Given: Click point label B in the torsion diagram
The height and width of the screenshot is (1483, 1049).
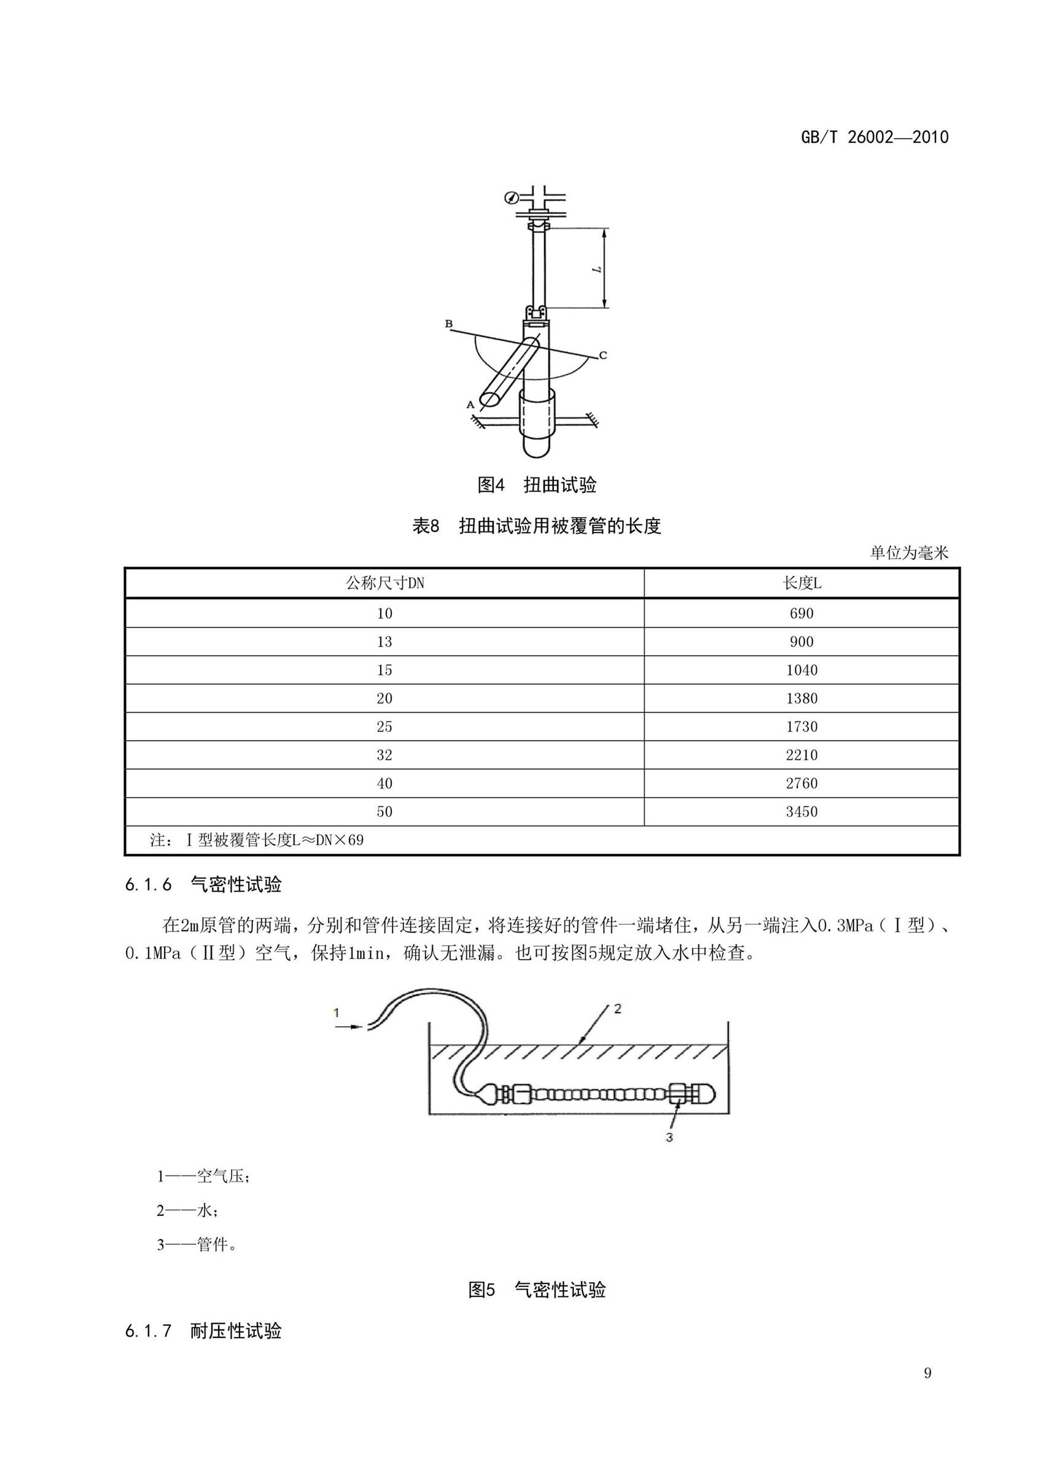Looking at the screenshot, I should click(449, 324).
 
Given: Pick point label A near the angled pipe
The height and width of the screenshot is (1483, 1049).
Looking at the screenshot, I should click(470, 404).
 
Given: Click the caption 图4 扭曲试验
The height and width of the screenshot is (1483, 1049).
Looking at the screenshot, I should click(536, 485).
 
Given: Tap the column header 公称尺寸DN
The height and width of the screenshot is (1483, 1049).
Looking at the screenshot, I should click(384, 583).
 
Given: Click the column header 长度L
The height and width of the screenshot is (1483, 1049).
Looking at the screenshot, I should click(801, 583).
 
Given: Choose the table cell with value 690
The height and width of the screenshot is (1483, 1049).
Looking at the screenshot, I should click(801, 613).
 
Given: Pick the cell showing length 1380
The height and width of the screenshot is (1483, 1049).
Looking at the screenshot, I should click(801, 698).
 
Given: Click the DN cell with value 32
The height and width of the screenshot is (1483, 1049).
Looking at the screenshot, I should click(384, 755).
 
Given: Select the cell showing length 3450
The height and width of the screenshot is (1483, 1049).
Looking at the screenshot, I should click(801, 811).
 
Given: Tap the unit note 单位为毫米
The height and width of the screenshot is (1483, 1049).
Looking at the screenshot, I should click(909, 553).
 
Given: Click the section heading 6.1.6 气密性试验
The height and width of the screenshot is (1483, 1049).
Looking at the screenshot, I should click(203, 884).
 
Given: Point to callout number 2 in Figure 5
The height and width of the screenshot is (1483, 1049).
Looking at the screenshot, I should click(617, 1008).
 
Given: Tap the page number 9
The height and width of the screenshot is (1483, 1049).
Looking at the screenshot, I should click(927, 1373).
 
